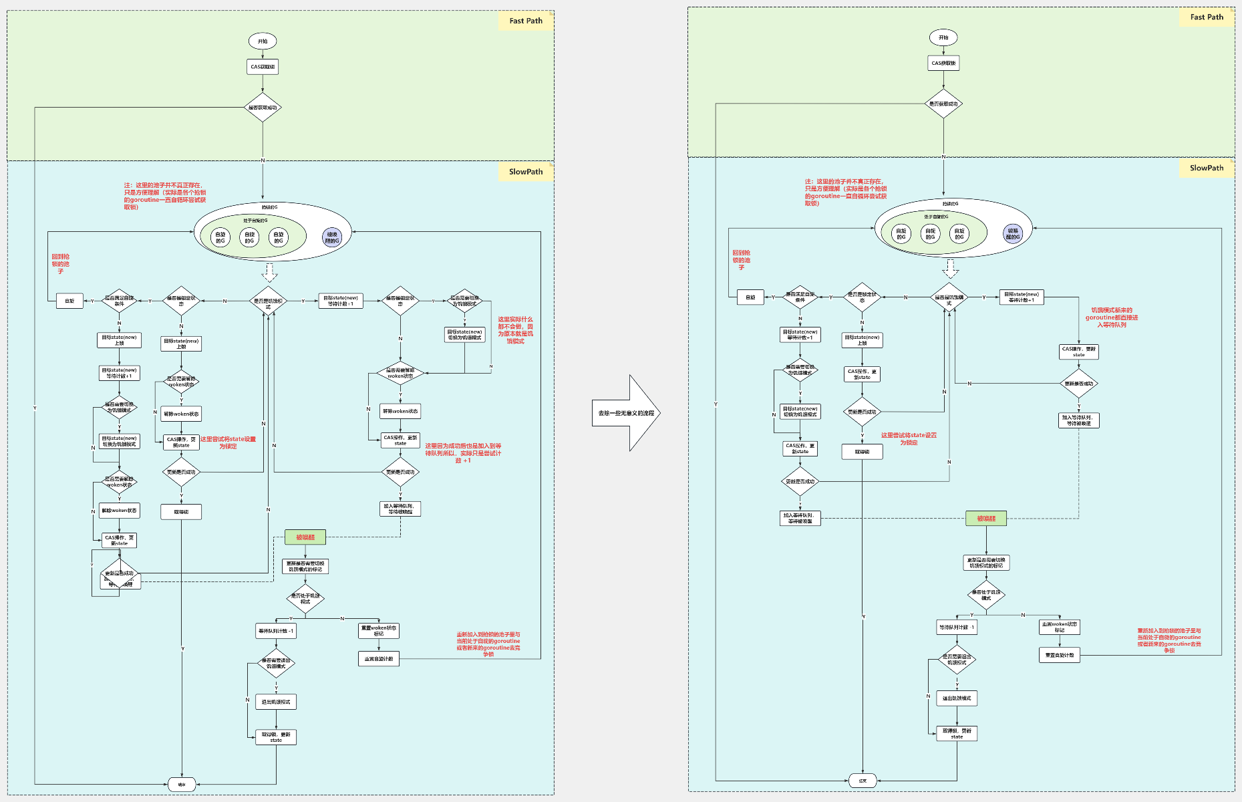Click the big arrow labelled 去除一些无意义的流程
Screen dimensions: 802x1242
pos(626,413)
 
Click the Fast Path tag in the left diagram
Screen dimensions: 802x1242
pos(526,21)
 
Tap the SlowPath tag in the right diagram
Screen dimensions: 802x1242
pos(1206,168)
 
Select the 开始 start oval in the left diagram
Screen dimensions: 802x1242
pos(263,41)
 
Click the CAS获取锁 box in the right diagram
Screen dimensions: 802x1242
pos(943,63)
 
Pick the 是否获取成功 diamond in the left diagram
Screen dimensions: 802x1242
pos(263,108)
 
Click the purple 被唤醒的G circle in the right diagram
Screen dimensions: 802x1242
pos(1013,233)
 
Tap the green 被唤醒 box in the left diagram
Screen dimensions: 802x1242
pos(305,537)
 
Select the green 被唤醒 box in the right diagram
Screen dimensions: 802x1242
pos(986,519)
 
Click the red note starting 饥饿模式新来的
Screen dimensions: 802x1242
pos(1111,317)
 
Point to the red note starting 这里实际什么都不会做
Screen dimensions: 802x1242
pos(515,330)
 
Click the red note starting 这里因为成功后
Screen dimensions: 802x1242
pos(463,452)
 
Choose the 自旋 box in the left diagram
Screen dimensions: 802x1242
pos(69,301)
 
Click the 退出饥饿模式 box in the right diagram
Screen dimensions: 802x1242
pos(957,698)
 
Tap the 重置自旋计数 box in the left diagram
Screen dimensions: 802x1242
pos(379,659)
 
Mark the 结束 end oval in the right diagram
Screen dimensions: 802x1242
pos(863,781)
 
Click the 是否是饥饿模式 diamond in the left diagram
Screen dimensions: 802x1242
pos(268,301)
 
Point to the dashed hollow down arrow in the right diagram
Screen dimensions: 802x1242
pos(950,268)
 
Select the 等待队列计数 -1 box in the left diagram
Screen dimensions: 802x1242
pos(276,631)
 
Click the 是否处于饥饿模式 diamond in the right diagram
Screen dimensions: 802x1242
pos(986,595)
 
